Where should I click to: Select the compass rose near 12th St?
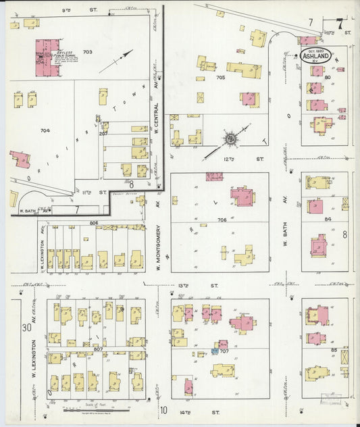pos(230,139)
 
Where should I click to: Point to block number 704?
pos(45,130)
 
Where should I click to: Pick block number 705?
pos(220,78)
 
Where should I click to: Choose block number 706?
pos(221,220)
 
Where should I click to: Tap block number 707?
pos(225,351)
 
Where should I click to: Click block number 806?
pos(93,223)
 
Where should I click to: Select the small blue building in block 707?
pos(215,351)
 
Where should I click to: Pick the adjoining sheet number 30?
pos(26,328)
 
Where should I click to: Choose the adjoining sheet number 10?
pos(163,409)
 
